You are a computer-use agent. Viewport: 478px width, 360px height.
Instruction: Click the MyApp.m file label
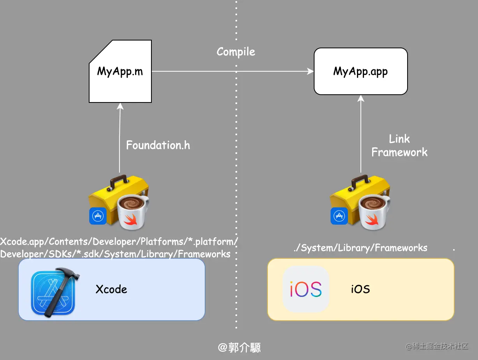tap(120, 71)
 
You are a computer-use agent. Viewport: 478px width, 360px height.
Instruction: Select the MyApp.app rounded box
tap(360, 71)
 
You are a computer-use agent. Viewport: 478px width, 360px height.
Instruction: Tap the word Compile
tap(236, 52)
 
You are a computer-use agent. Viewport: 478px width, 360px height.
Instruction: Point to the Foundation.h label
tap(158, 145)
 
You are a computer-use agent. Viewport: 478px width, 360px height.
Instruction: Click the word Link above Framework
tap(399, 139)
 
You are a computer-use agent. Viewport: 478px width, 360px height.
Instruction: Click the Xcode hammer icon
tap(55, 293)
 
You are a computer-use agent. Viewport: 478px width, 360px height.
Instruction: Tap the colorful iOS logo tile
tap(306, 289)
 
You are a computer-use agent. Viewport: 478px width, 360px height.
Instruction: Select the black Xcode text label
tap(111, 289)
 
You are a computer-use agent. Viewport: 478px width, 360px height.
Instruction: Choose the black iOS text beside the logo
tap(360, 289)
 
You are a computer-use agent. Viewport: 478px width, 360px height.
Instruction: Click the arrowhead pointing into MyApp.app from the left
tap(310, 71)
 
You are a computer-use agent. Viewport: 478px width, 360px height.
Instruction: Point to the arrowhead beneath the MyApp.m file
tap(120, 106)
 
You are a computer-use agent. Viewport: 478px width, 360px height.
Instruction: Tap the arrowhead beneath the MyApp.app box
tap(361, 99)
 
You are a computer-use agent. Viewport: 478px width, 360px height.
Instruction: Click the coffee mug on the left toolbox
tap(133, 212)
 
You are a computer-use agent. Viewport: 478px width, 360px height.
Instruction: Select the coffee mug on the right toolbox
tap(374, 212)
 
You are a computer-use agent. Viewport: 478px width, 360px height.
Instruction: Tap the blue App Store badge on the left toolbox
tap(98, 216)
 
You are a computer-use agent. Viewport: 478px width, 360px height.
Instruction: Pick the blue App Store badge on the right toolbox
tap(339, 216)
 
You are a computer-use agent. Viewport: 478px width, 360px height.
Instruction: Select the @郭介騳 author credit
tap(239, 348)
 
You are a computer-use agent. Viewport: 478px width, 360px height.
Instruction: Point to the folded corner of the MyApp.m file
tap(100, 52)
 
